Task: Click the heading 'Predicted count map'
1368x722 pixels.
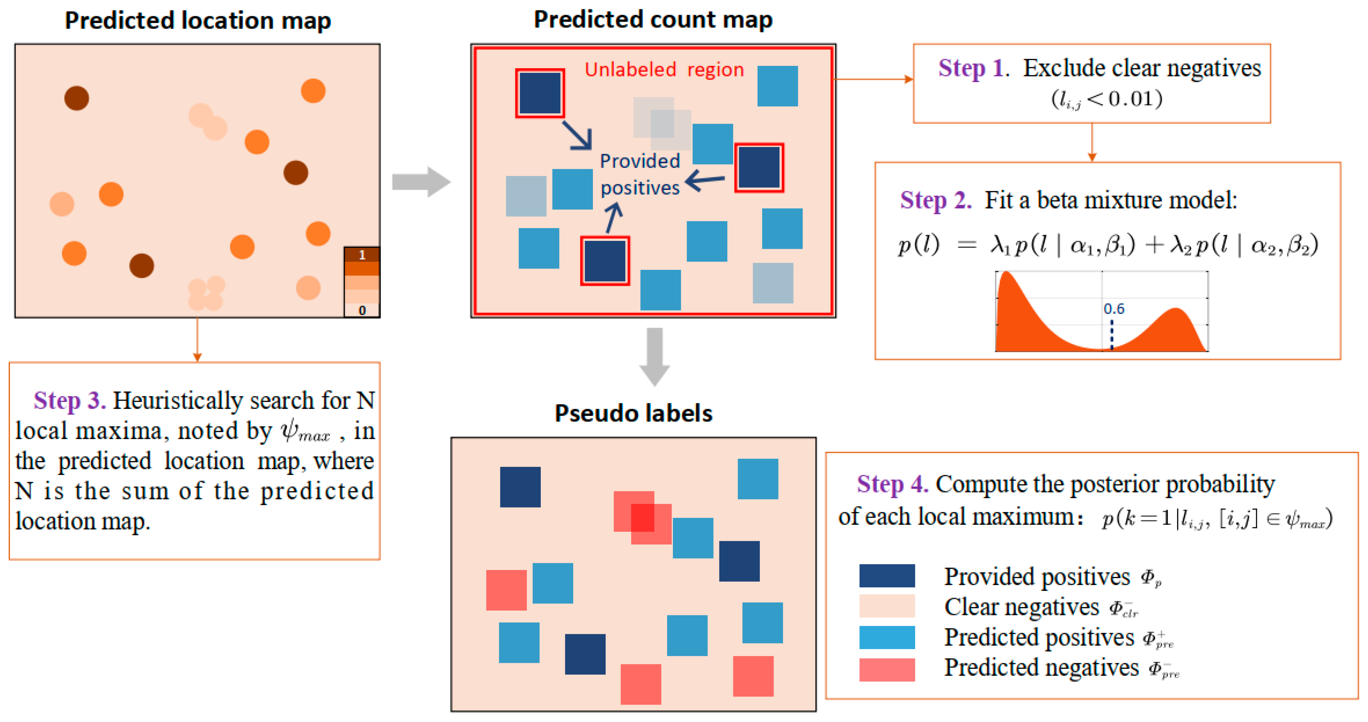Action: click(x=653, y=20)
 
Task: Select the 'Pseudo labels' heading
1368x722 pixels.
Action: click(x=633, y=413)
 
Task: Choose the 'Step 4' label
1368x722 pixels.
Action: click(x=892, y=484)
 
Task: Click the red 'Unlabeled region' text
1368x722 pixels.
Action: click(x=664, y=70)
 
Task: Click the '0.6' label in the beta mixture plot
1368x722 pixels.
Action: click(x=1114, y=309)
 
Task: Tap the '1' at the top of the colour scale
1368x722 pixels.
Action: click(x=362, y=255)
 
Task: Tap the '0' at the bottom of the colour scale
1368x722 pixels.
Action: click(x=362, y=310)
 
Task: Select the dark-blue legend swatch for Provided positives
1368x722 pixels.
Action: click(x=887, y=576)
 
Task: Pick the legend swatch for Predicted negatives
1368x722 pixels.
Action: click(x=887, y=669)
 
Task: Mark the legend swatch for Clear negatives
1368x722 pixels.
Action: click(x=887, y=606)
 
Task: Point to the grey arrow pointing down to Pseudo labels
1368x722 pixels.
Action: click(x=654, y=356)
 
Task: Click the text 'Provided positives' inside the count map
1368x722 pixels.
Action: click(x=640, y=174)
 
